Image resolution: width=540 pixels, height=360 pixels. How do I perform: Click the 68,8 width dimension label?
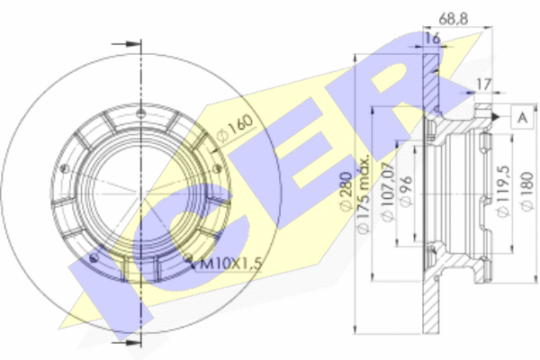point(454,19)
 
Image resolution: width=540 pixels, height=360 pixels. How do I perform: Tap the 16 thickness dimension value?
point(433,38)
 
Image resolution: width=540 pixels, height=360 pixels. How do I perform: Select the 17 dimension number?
point(483,85)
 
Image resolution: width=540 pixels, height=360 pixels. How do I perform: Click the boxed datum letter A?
point(522,118)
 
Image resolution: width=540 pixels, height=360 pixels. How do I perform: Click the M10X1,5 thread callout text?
point(230,264)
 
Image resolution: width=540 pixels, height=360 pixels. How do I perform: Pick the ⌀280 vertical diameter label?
point(346,191)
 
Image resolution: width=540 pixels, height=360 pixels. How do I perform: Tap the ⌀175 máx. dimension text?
point(363,193)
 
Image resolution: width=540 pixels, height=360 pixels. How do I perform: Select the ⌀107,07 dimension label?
point(388,192)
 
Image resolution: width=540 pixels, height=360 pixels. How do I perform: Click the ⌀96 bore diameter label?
point(407,192)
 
